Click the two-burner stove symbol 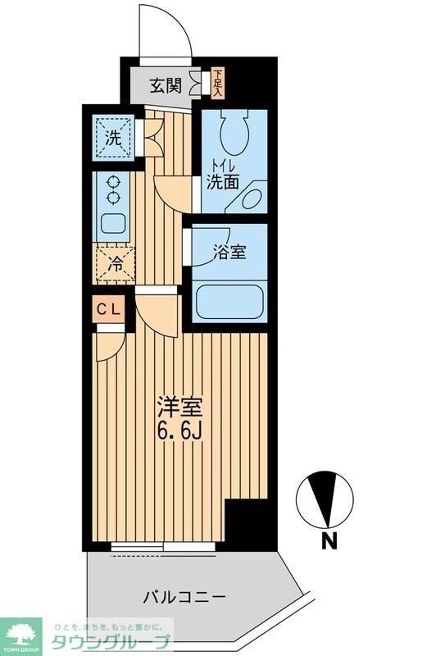111,189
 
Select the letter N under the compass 329,540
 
